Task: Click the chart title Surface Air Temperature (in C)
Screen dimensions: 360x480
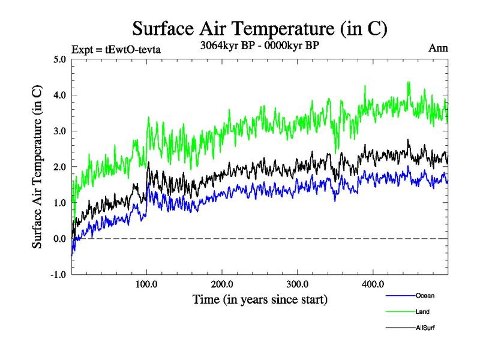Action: pyautogui.click(x=260, y=28)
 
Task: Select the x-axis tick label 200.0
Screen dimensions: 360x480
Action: pyautogui.click(x=222, y=284)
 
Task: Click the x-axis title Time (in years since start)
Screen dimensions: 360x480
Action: pyautogui.click(x=260, y=298)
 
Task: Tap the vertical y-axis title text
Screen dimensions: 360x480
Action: pyautogui.click(x=37, y=167)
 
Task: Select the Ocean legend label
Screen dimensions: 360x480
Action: pyautogui.click(x=424, y=296)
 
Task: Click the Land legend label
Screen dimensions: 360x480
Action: pyautogui.click(x=422, y=312)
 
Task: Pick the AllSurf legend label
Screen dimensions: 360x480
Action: pyautogui.click(x=424, y=328)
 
